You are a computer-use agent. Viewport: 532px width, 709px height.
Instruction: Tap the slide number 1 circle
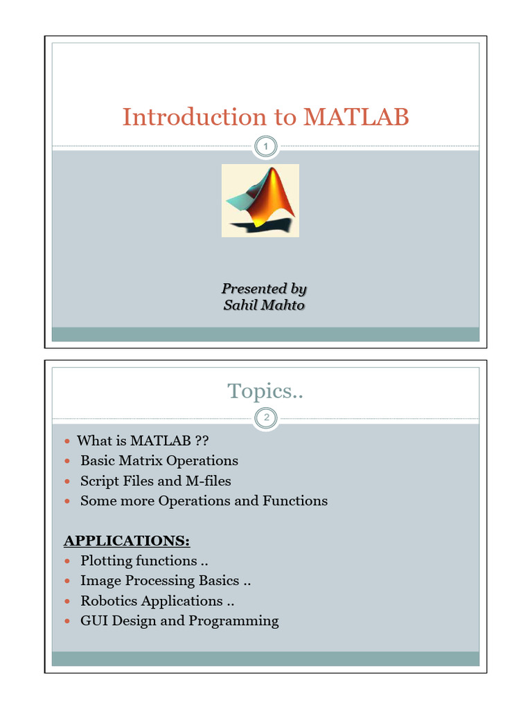266,146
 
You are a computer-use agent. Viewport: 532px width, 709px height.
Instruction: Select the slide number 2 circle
266,417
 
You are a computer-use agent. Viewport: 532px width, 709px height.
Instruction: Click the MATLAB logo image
260,200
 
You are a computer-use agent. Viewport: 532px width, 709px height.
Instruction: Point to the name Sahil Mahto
264,305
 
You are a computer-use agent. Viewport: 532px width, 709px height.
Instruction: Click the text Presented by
264,288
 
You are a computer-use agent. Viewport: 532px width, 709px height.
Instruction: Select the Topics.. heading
266,391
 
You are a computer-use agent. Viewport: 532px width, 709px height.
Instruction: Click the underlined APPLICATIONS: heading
127,540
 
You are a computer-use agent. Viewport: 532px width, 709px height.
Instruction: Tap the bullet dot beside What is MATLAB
67,441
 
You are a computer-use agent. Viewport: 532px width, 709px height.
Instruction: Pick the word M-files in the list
208,481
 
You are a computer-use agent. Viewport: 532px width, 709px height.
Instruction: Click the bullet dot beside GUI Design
67,621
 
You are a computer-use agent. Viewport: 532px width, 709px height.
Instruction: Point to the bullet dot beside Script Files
67,481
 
